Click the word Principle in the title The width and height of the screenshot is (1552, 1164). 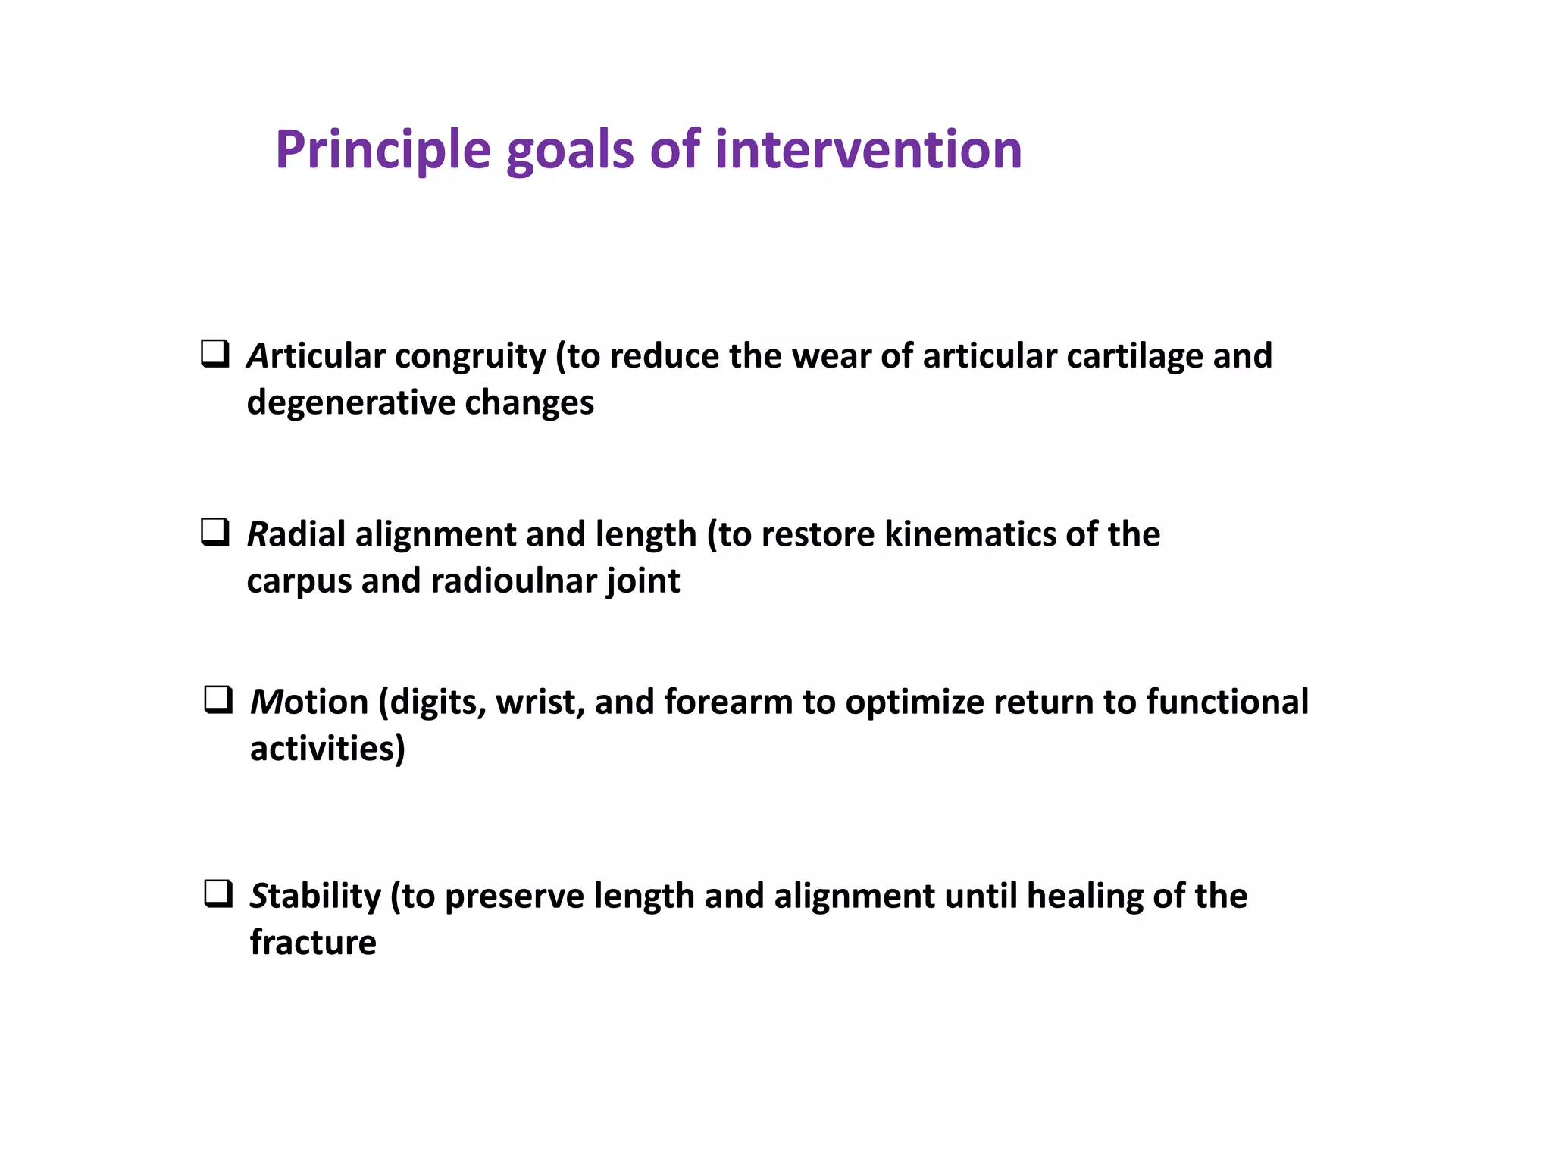(x=383, y=150)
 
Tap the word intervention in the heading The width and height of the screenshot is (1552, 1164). (x=868, y=150)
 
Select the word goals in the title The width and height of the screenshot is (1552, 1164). (x=569, y=150)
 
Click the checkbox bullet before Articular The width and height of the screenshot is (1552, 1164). (x=215, y=354)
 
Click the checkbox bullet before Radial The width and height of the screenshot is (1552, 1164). (x=215, y=532)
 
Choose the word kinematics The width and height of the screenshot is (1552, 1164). (x=970, y=534)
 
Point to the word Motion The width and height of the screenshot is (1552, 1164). (x=309, y=702)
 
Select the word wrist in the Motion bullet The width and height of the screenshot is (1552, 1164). (x=540, y=702)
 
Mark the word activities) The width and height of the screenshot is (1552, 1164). (x=327, y=749)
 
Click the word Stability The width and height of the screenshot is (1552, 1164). (x=315, y=896)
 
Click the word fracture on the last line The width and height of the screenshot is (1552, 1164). (x=313, y=943)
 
